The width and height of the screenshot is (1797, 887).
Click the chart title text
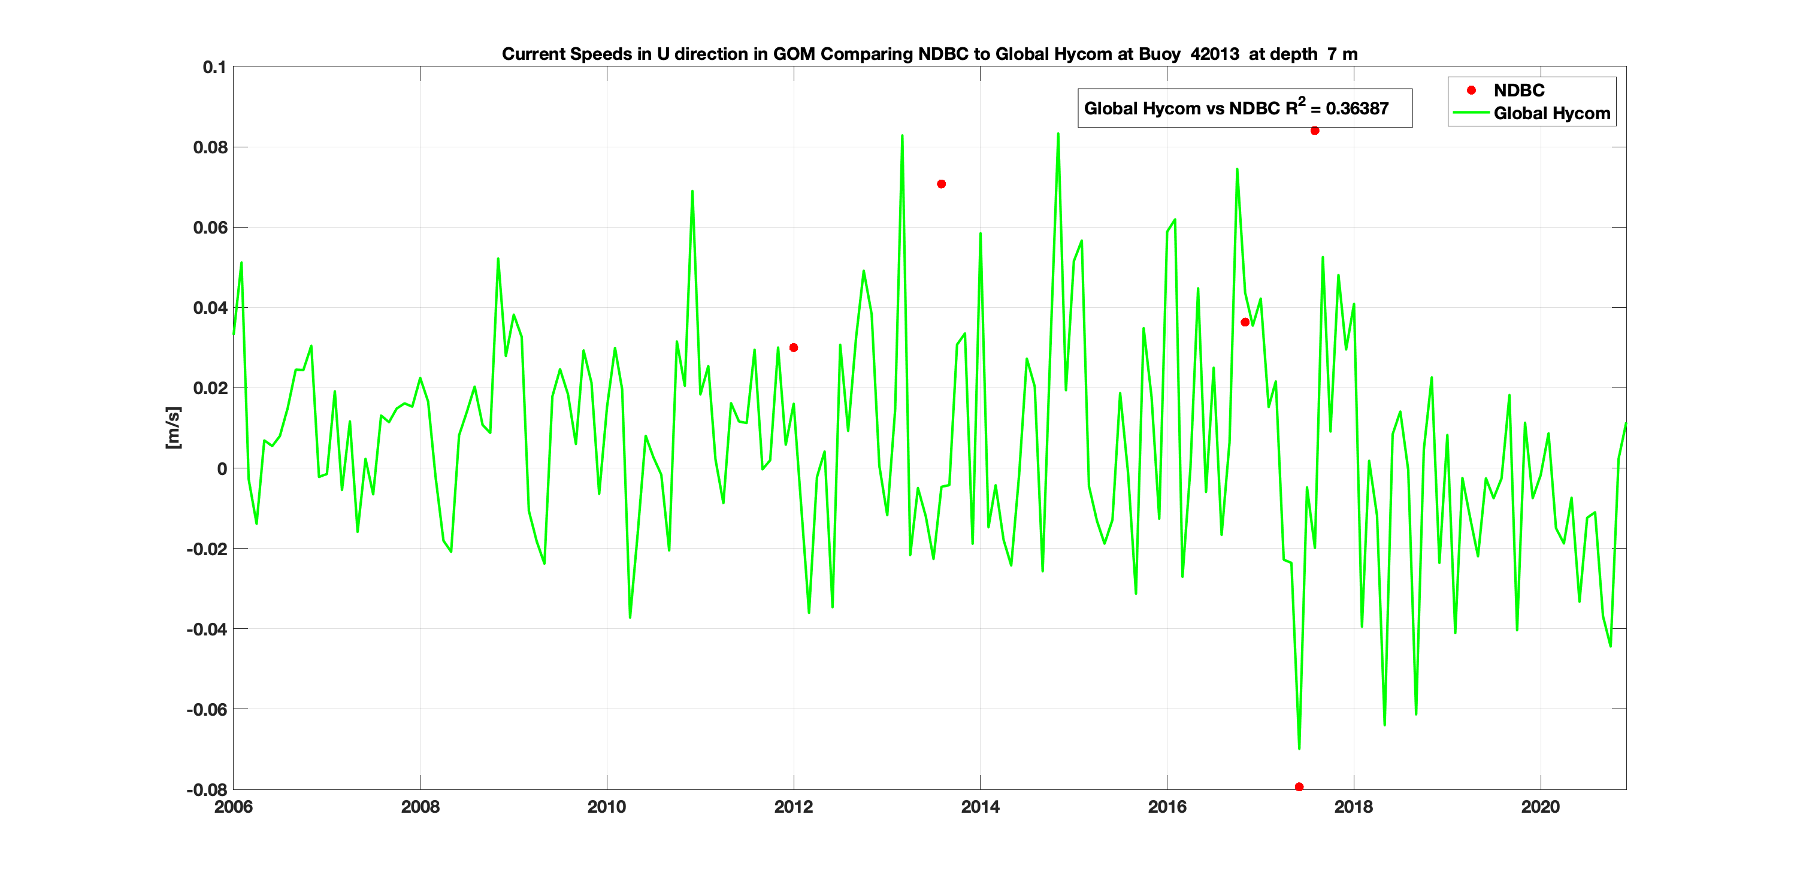point(929,55)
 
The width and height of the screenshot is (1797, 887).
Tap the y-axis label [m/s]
point(173,428)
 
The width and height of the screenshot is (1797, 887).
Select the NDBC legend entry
point(1518,90)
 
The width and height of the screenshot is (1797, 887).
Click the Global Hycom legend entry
point(1551,114)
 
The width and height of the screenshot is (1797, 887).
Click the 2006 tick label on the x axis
point(233,807)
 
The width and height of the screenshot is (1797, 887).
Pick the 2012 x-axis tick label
point(793,807)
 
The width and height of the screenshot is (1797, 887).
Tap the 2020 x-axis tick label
point(1539,807)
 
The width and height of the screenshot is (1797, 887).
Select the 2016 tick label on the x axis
point(1166,807)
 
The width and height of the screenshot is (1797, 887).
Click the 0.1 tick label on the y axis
point(214,68)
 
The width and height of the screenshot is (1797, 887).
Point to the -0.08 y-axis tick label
point(207,790)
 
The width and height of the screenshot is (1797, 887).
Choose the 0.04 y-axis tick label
point(210,308)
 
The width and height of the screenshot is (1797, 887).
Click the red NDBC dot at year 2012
point(793,348)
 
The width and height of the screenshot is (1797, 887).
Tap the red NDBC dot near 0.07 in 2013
point(941,184)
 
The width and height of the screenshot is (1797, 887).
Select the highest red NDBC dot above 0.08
point(1314,131)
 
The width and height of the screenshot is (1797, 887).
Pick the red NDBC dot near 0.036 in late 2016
point(1245,322)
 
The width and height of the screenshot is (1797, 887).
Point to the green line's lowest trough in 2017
point(1299,749)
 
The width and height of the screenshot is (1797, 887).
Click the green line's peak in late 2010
point(692,191)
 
